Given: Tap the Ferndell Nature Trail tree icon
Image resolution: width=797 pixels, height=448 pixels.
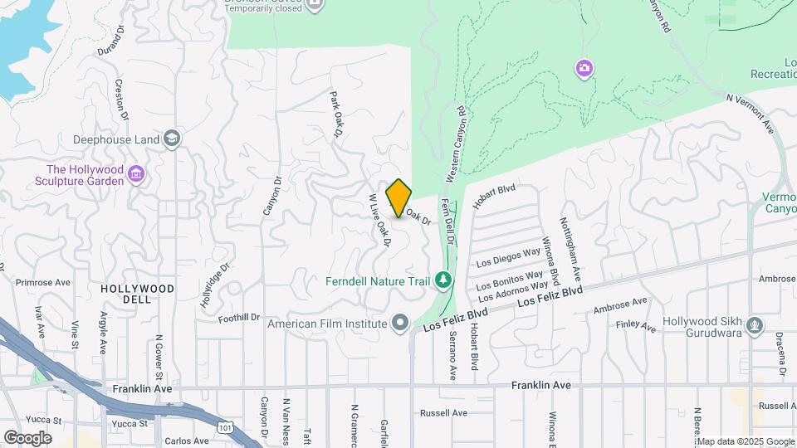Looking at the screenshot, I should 444,280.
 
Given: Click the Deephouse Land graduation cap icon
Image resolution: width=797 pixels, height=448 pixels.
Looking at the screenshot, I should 172,139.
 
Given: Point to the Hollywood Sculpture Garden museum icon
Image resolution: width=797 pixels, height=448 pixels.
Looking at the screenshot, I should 138,175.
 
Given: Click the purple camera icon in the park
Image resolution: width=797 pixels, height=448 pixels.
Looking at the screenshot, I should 584,68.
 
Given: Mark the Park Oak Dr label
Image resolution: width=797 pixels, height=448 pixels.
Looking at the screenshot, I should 336,115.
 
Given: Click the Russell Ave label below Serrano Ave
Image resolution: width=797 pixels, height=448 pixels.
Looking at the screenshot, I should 443,412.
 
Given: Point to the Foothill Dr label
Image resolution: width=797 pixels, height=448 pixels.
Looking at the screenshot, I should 239,317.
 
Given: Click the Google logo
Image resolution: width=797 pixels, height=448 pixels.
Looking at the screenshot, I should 27,437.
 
